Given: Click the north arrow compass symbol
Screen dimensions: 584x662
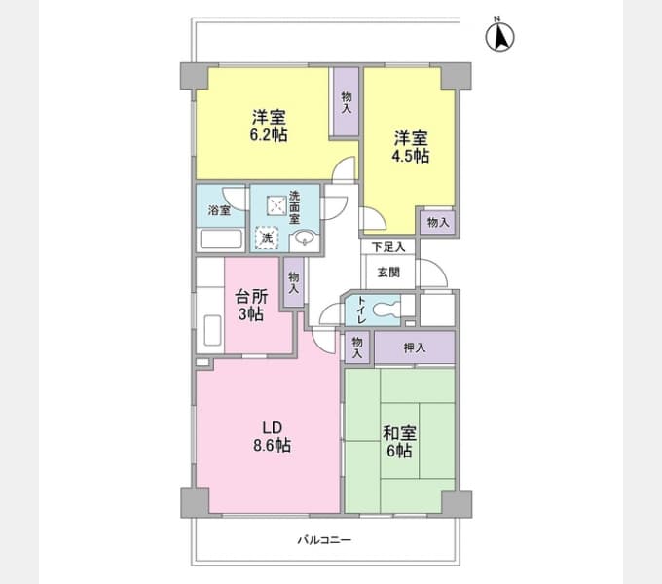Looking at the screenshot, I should point(500,36).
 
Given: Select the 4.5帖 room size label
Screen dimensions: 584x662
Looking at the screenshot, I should point(411,155).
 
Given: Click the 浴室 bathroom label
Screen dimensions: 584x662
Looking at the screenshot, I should point(218,210).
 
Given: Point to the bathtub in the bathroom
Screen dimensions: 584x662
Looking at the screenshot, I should point(220,239).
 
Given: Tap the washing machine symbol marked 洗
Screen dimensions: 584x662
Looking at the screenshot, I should point(266,237).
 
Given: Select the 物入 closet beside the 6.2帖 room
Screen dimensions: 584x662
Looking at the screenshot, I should point(346,100).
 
